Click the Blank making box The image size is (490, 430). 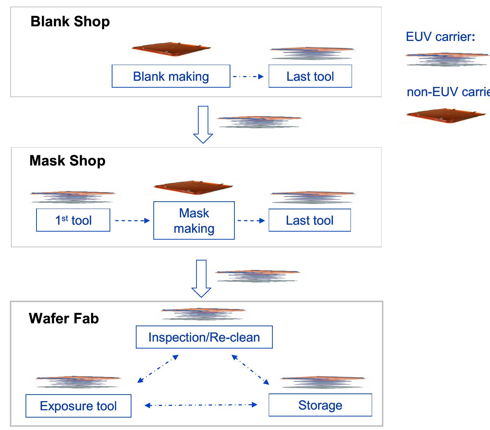171,76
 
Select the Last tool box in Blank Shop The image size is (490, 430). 310,76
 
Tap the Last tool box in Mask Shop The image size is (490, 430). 310,220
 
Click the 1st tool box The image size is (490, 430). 73,220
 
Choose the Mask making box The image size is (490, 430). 194,221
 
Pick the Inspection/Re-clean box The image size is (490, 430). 204,337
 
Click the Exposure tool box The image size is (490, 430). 78,406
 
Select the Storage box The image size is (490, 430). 320,405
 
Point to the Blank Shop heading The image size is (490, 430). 70,22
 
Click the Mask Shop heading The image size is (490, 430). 68,161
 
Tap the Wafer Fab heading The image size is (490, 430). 64,319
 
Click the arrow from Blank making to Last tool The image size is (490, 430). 248,77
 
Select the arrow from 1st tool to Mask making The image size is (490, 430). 132,221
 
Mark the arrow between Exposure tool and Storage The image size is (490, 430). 201,405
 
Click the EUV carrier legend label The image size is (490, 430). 440,37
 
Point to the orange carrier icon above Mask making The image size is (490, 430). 194,187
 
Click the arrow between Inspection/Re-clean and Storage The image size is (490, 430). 250,369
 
